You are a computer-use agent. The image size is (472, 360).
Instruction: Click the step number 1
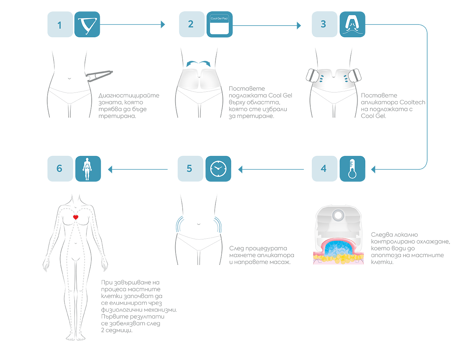coord(59,25)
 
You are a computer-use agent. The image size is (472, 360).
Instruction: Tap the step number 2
coord(191,24)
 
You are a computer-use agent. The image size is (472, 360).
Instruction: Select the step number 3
coord(323,24)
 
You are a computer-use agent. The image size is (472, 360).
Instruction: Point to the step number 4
coord(323,169)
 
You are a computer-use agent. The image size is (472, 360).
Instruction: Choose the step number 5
coord(189,169)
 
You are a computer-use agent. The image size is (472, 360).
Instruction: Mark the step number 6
coord(59,169)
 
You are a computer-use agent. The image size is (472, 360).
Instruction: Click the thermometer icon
coord(352,169)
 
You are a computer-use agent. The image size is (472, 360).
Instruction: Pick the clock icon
coord(218,169)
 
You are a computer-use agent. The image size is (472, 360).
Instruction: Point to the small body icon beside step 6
coord(87,169)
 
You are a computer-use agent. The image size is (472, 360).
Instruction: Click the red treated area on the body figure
coord(76,217)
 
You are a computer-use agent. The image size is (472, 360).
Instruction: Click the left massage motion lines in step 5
coord(182,224)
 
